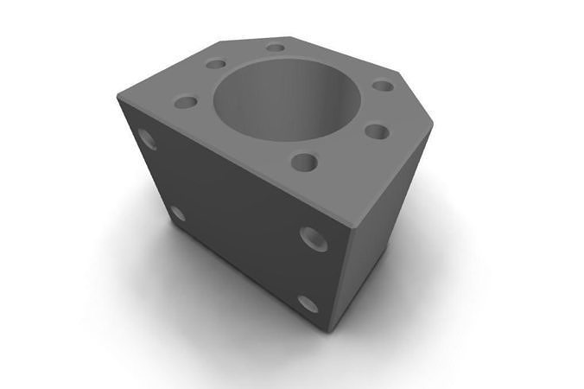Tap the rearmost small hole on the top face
point(276,48)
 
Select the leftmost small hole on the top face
point(186,102)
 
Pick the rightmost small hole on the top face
point(382,86)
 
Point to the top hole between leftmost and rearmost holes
point(216,64)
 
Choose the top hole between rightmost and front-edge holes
point(377,131)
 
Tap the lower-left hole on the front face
point(177,213)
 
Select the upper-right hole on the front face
point(312,237)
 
